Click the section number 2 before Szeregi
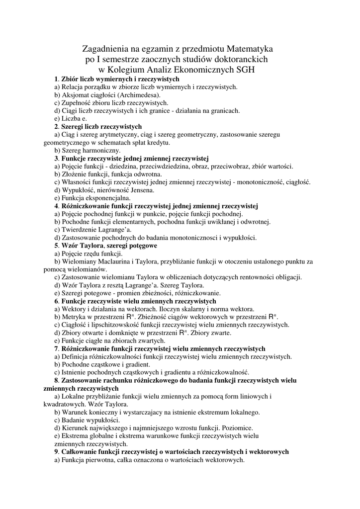(56, 127)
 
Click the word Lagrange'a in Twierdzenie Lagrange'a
(115, 230)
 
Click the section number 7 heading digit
(56, 349)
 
